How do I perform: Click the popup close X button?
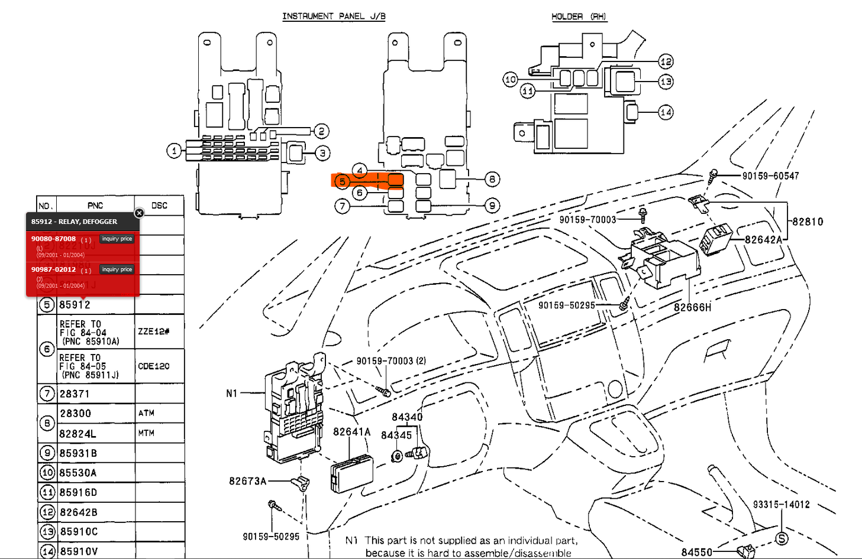(139, 213)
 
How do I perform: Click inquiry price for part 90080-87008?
(117, 239)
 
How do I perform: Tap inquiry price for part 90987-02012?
(117, 269)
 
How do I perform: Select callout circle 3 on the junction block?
(322, 154)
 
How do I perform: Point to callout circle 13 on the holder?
(666, 82)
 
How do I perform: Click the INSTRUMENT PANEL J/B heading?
(334, 17)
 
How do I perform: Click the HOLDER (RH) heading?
(579, 17)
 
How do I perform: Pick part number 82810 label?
(808, 222)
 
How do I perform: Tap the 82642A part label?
(763, 239)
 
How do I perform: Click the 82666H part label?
(692, 307)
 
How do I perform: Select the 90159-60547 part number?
(770, 176)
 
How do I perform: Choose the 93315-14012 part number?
(781, 505)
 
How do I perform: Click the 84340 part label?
(407, 417)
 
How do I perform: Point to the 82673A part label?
(247, 481)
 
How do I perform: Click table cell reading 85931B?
(78, 453)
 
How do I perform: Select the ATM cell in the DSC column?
(147, 413)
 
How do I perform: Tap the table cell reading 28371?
(75, 394)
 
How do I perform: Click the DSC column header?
(159, 206)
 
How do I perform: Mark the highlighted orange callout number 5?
(342, 181)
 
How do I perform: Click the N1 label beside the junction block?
(231, 393)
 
